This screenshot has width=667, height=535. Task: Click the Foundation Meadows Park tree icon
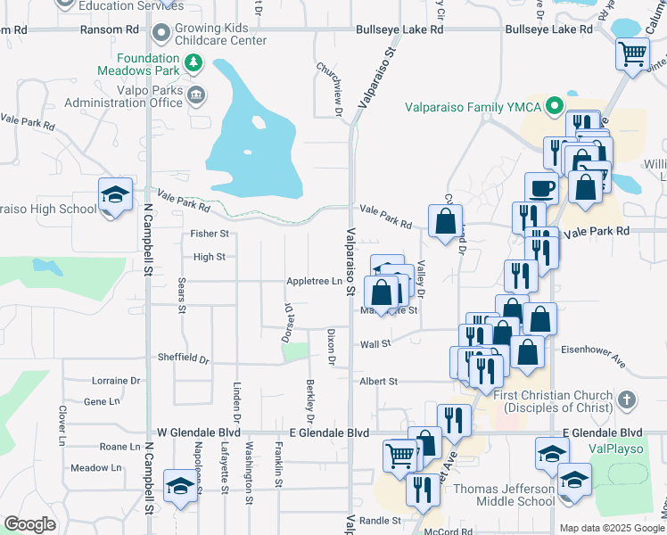coord(194,63)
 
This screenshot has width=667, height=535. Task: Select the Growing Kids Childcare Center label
coord(221,34)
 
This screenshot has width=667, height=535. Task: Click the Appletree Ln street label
coord(314,281)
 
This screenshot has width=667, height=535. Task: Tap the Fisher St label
coord(210,234)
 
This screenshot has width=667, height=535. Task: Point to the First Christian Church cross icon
coord(627,399)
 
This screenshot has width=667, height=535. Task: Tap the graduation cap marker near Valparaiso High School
coord(115,197)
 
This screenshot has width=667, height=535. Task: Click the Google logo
coord(29,525)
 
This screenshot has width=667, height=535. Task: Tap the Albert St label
coord(378,381)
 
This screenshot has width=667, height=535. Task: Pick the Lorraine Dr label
coord(117,380)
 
